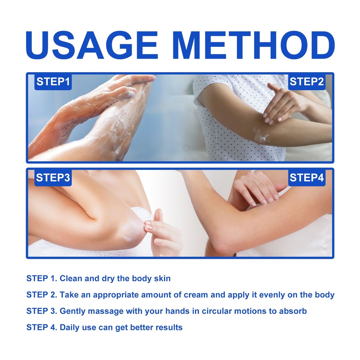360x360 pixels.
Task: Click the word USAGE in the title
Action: (x=92, y=45)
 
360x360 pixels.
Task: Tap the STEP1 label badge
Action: (x=53, y=82)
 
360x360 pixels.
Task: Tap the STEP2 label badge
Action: (x=307, y=82)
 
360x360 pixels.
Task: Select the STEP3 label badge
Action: (x=53, y=178)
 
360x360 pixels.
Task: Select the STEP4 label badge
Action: (x=307, y=178)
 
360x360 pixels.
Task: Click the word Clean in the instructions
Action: (x=71, y=278)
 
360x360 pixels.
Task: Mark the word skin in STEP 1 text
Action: (x=162, y=278)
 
